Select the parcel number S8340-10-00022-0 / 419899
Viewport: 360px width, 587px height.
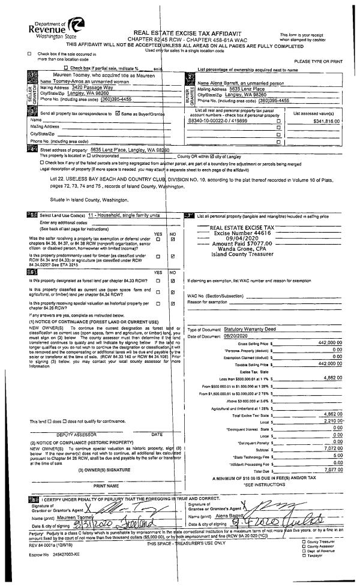tap(218, 121)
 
